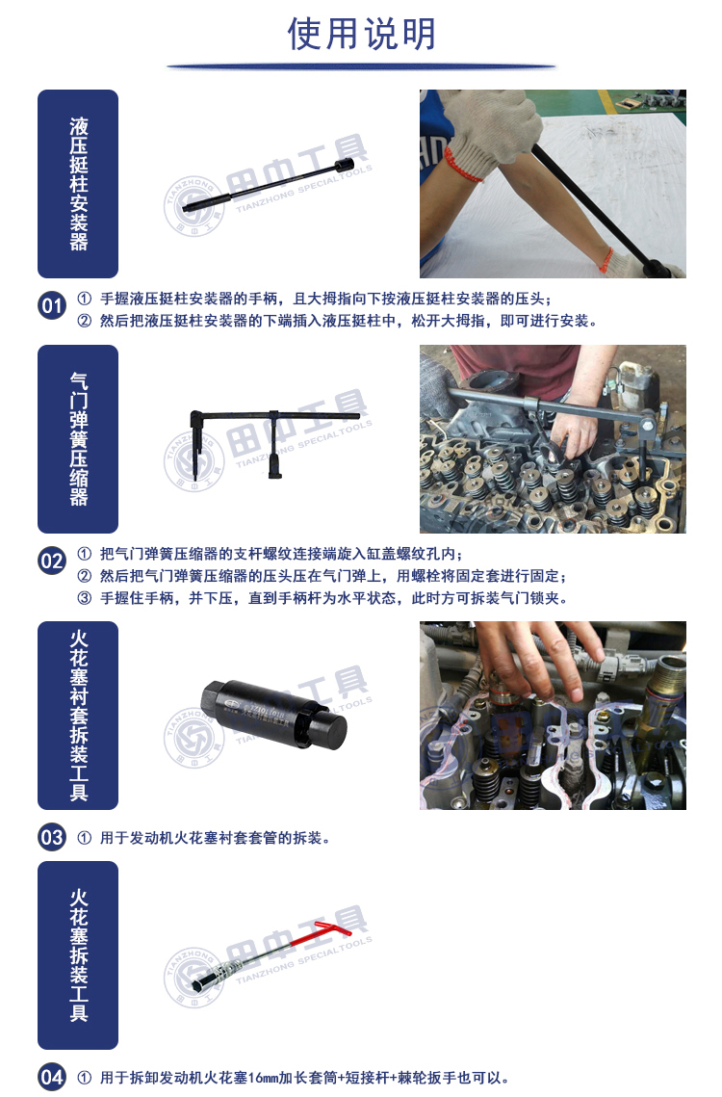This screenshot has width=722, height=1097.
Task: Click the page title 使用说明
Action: click(x=361, y=34)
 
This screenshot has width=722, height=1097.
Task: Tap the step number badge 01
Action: click(x=52, y=305)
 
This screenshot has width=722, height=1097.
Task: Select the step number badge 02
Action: click(x=52, y=562)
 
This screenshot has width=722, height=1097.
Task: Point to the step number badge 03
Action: click(x=52, y=838)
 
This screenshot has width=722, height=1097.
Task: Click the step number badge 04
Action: click(x=52, y=1078)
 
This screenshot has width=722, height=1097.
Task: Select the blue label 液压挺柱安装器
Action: click(x=78, y=184)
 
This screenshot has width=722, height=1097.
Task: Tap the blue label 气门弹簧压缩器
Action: click(x=78, y=439)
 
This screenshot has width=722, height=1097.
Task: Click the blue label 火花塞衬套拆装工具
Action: click(x=78, y=716)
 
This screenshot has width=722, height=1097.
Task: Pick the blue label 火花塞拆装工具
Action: click(x=78, y=955)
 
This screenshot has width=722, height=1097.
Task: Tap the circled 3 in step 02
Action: click(x=85, y=598)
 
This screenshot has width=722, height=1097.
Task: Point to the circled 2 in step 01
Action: click(x=85, y=321)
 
